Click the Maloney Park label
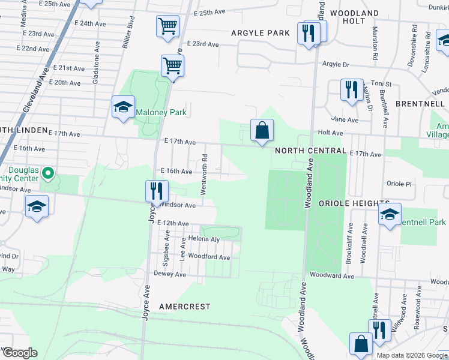pyautogui.click(x=161, y=112)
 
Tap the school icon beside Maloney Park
pyautogui.click(x=123, y=107)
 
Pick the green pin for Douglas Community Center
pyautogui.click(x=50, y=175)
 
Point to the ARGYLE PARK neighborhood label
pyautogui.click(x=261, y=33)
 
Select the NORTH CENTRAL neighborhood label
pyautogui.click(x=310, y=151)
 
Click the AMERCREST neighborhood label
pyautogui.click(x=185, y=307)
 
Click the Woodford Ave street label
pyautogui.click(x=209, y=257)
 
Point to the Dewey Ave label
pyautogui.click(x=170, y=274)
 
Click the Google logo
pyautogui.click(x=20, y=353)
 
